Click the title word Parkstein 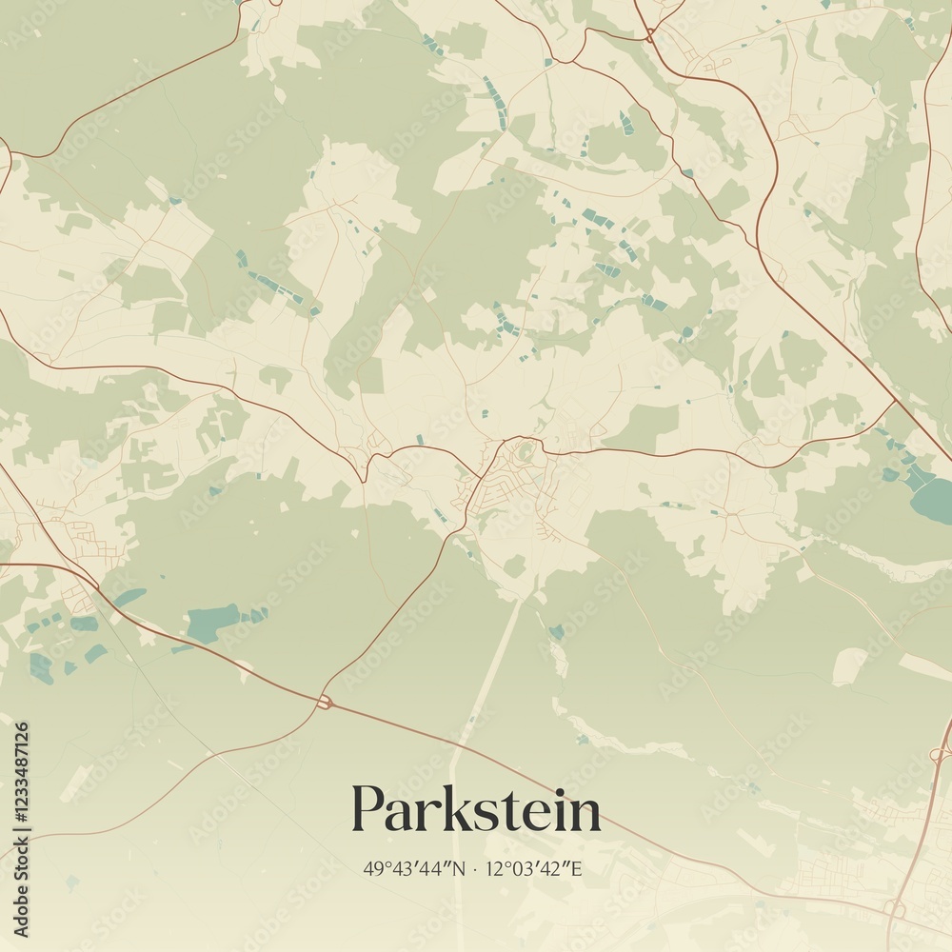[476, 811]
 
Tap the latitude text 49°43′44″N [415, 868]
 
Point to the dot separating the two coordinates [476, 868]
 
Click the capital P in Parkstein [369, 809]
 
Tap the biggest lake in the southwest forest [211, 622]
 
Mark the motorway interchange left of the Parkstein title [324, 702]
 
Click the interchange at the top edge [649, 35]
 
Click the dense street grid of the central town [490, 495]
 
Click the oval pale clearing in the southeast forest [850, 666]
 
